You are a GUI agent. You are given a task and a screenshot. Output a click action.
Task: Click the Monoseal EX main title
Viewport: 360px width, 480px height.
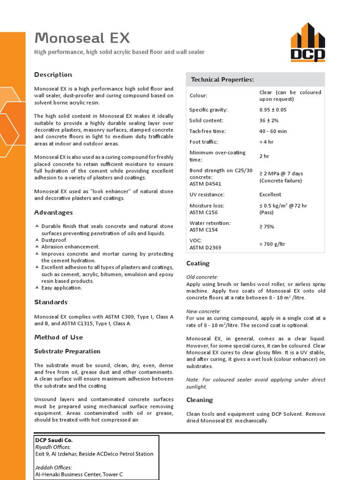(x=82, y=38)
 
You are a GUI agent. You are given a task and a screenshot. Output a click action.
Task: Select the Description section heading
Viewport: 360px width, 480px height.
(x=53, y=75)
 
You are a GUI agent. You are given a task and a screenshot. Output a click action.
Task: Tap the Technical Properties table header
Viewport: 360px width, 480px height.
(x=222, y=80)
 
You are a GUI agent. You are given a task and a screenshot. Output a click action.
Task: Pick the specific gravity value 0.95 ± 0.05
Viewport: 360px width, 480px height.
(x=273, y=110)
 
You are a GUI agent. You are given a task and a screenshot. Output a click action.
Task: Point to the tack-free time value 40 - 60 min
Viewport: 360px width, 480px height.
(x=273, y=131)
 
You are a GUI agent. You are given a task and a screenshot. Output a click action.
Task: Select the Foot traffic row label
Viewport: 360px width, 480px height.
(x=203, y=142)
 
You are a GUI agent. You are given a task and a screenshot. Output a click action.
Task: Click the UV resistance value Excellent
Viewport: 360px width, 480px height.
(x=270, y=195)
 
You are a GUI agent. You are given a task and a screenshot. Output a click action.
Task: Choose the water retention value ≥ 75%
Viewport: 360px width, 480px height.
(x=267, y=226)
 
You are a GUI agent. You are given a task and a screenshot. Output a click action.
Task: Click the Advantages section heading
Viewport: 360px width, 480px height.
(x=53, y=212)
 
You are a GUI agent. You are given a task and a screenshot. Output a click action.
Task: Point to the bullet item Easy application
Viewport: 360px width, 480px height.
(x=61, y=288)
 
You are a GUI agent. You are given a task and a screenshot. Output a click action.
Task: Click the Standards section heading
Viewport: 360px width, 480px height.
(x=51, y=302)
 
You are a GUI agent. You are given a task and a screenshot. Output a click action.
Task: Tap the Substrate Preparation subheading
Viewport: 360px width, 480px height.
(x=67, y=351)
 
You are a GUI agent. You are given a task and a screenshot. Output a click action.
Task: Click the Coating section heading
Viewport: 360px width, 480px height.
(x=198, y=263)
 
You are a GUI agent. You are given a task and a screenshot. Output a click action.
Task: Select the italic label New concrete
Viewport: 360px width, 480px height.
(x=203, y=311)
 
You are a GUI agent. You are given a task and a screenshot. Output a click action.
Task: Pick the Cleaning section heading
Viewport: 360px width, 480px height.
(x=199, y=400)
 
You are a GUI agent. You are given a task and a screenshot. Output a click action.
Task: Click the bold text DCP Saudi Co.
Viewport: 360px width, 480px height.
(x=54, y=440)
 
